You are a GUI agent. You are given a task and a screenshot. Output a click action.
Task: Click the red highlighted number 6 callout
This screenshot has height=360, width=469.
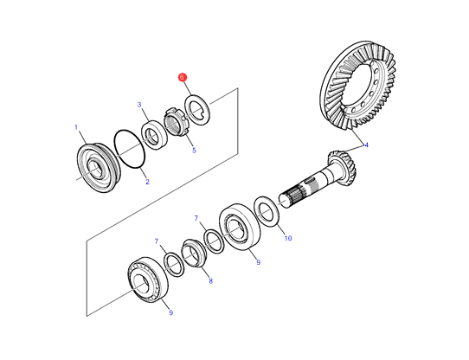tap(183, 77)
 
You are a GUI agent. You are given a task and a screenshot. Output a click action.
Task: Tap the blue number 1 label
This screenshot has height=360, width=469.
tap(76, 127)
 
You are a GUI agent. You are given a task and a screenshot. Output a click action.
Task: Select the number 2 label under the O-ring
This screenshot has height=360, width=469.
tap(147, 182)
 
